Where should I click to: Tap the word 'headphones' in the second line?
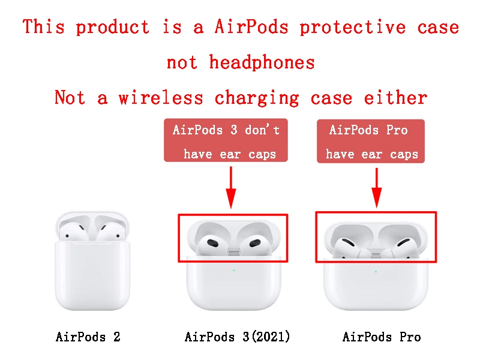coord(262,62)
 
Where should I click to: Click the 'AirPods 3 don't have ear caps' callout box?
coord(226,141)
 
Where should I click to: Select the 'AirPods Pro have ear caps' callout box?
coord(371,141)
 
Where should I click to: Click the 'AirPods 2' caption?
coord(88,337)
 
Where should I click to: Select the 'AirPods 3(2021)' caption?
coord(238,337)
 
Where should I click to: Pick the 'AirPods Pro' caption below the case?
coord(382,337)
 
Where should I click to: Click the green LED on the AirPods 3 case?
coord(233,270)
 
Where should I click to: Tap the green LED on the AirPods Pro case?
coord(376,271)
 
